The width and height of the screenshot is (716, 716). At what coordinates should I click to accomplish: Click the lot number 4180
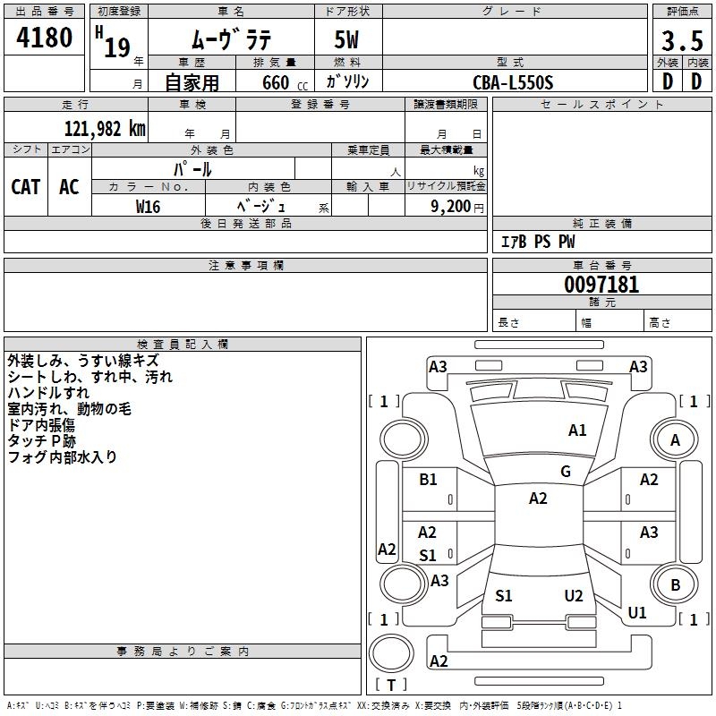44,38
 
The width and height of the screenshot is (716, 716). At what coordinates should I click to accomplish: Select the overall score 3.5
682,40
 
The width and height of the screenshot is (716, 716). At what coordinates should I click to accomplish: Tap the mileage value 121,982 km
105,129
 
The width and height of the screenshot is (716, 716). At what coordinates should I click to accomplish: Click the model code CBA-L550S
513,82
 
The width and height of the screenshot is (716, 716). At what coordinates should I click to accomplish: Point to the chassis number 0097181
601,285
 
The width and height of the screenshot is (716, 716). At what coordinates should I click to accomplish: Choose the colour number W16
148,207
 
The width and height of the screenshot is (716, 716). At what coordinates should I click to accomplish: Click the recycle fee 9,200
451,207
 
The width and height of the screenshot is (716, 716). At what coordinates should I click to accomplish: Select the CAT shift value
26,187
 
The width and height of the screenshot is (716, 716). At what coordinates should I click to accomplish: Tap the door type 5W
346,39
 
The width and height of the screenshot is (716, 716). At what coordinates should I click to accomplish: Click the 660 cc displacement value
285,82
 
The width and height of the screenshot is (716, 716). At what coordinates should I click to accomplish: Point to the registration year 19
117,47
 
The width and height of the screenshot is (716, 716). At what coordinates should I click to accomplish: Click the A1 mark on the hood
577,430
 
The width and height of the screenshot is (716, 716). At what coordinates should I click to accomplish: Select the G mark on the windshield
566,472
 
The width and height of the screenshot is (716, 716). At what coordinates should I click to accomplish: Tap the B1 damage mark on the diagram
428,480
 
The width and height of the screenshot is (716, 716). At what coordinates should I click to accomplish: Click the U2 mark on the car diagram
574,596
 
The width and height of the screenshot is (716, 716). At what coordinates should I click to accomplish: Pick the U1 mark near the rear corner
637,612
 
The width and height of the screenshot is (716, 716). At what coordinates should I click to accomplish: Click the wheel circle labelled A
675,439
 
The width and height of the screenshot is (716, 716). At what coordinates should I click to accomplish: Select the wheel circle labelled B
675,584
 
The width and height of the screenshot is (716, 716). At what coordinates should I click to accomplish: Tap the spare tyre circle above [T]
391,653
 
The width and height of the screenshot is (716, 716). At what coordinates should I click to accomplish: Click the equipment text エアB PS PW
538,242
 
